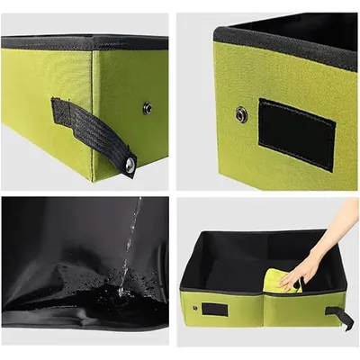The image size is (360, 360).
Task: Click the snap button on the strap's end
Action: click(130, 165)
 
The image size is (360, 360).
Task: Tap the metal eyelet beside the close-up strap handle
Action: click(147, 108)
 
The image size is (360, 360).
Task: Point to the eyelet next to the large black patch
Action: click(241, 114)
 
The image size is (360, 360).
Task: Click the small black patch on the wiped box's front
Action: click(214, 309)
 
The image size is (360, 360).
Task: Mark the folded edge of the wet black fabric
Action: click(81, 319)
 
